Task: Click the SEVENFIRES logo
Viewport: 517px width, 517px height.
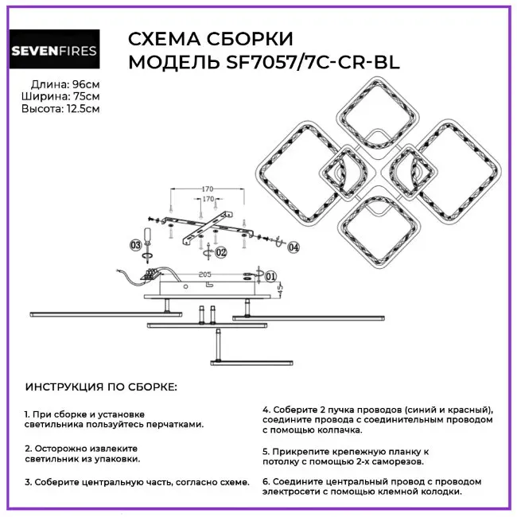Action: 54,49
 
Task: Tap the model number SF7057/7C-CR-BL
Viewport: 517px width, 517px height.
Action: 313,62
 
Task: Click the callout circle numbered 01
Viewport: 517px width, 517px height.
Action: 270,276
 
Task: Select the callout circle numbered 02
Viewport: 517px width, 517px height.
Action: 221,252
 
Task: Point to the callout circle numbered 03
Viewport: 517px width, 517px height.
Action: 135,245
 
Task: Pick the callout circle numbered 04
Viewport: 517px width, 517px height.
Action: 293,247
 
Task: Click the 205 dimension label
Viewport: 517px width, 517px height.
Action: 204,274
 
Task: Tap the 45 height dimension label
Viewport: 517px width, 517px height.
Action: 280,289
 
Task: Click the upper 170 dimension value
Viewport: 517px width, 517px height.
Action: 208,189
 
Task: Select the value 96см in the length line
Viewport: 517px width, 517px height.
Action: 86,84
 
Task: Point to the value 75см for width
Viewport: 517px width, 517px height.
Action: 86,96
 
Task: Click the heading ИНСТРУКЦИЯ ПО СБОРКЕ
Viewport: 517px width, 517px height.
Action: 101,387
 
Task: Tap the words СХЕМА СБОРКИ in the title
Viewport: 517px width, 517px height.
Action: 211,39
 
